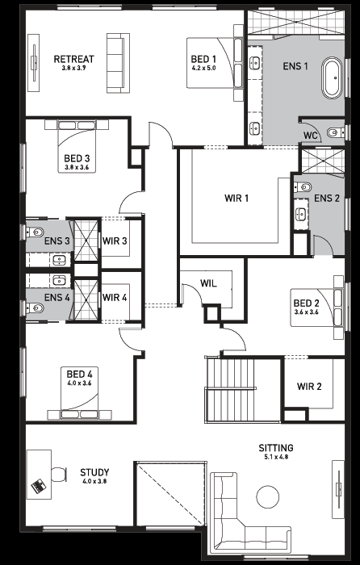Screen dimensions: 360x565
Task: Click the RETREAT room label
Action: click(x=74, y=59)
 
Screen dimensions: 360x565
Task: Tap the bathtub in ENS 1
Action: click(x=333, y=77)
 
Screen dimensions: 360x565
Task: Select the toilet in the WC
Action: click(x=334, y=132)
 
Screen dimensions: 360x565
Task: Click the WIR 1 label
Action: click(x=237, y=199)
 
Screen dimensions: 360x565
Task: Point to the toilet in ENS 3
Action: click(x=35, y=232)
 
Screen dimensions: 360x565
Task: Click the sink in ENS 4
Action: click(x=59, y=280)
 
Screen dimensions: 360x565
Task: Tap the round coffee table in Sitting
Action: click(x=268, y=496)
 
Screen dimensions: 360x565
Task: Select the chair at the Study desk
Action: click(x=58, y=475)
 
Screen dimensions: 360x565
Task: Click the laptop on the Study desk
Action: click(x=39, y=486)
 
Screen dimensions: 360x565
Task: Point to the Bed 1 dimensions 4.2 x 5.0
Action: click(x=203, y=68)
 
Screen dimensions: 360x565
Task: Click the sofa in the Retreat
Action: click(x=118, y=63)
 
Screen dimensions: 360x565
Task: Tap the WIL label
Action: click(x=208, y=283)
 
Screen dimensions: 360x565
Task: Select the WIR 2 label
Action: click(x=309, y=387)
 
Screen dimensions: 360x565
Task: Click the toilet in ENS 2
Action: click(x=303, y=187)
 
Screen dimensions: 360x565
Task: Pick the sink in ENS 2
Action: click(x=300, y=214)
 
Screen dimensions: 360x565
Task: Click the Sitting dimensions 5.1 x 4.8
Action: click(x=276, y=458)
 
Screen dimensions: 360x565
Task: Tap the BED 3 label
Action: click(x=77, y=158)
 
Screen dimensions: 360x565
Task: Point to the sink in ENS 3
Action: click(x=59, y=259)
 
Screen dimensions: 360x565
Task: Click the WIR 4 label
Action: click(x=115, y=298)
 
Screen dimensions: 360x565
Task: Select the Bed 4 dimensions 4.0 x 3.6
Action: click(x=79, y=383)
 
